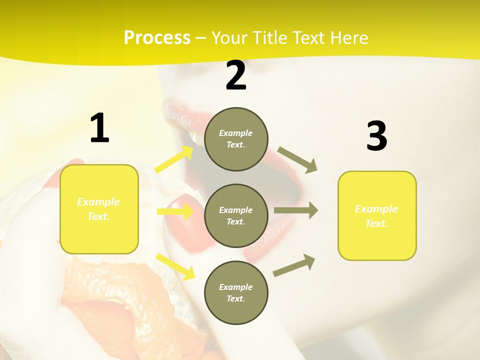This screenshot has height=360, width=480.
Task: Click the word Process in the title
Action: tap(157, 38)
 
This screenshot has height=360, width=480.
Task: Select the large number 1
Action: tap(99, 128)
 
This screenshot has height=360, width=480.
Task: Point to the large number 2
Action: tap(236, 76)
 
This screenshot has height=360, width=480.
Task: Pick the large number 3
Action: tap(376, 136)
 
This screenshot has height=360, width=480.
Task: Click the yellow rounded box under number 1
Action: tap(99, 209)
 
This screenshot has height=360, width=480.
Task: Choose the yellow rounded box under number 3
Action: tap(377, 215)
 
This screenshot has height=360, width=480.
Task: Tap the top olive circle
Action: tap(236, 139)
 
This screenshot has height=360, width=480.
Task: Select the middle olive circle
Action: tap(236, 215)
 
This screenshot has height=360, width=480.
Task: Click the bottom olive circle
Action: tap(236, 292)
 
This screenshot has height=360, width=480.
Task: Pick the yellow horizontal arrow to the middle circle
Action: tap(175, 211)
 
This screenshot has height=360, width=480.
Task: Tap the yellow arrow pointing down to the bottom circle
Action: tap(175, 266)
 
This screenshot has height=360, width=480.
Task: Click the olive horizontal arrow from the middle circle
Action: tap(295, 210)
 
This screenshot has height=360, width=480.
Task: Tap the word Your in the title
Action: tap(231, 38)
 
